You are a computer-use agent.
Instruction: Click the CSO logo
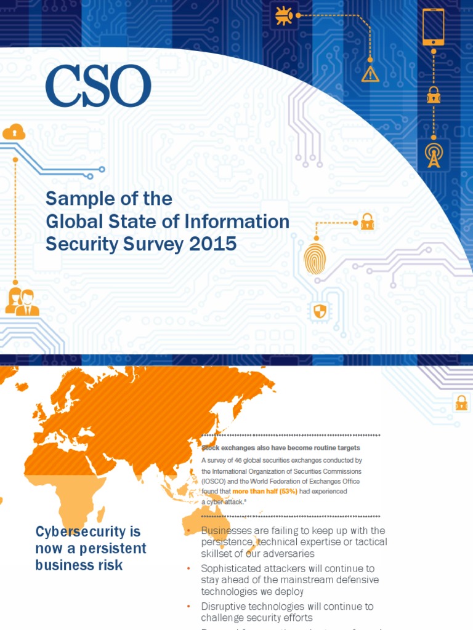[x=98, y=86]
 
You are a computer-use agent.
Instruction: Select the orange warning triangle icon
[x=370, y=74]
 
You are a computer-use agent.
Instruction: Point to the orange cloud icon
[x=14, y=131]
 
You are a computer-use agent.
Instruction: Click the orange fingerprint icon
[x=314, y=258]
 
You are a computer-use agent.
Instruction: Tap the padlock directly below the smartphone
[x=434, y=95]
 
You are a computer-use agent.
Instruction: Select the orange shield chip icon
[x=319, y=311]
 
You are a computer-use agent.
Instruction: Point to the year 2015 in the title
[x=214, y=244]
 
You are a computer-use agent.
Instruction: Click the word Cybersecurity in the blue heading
[x=88, y=531]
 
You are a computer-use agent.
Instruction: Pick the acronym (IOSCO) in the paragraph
[x=216, y=481]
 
